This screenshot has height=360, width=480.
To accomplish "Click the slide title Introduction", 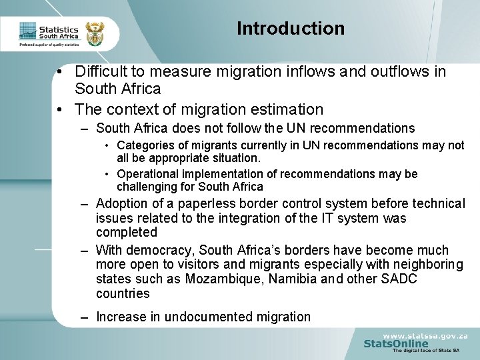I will pos(291,29).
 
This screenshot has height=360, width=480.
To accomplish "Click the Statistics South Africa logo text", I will pos(59,33).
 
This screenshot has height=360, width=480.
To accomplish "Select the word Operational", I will pos(146,174).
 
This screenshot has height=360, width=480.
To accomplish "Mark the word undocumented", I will pos(215,317).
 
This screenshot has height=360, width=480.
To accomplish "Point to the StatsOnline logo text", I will pos(396,343).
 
